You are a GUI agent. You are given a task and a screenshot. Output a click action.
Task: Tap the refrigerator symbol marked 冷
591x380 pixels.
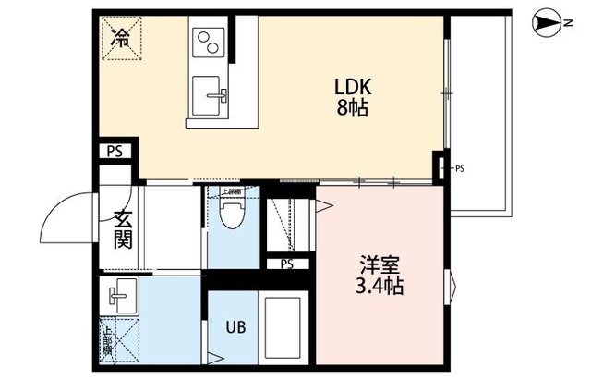click(x=121, y=39)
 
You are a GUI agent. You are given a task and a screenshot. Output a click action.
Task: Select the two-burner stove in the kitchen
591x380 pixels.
click(x=207, y=41)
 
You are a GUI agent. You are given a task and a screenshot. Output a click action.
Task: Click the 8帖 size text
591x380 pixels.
click(x=352, y=108)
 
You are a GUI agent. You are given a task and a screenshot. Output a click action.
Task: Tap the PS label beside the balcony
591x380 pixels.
click(x=458, y=168)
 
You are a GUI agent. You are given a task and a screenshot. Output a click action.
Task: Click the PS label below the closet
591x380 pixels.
click(x=287, y=264)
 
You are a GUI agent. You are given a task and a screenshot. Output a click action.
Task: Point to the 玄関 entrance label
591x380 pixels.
click(x=122, y=231)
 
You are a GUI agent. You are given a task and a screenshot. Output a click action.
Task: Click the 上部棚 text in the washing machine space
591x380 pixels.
click(x=107, y=337)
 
